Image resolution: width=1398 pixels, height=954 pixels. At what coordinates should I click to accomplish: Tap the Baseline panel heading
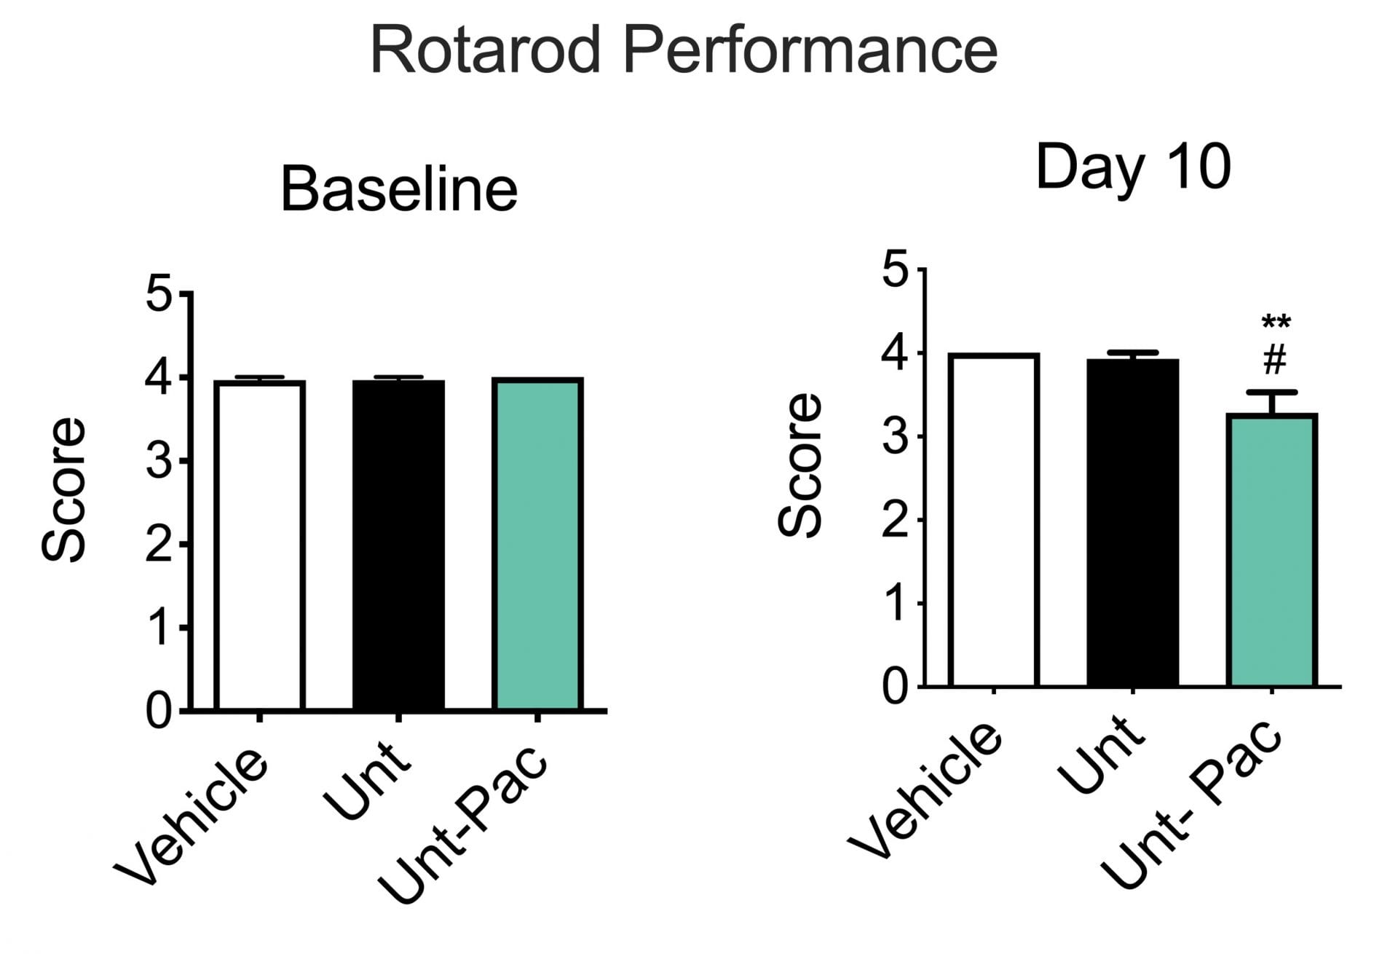tap(399, 189)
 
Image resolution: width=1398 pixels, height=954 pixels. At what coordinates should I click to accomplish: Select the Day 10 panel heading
tap(1133, 167)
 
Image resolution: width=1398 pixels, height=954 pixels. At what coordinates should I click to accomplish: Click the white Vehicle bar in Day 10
tap(994, 520)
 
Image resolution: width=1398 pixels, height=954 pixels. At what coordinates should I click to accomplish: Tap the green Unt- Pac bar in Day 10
tap(1272, 550)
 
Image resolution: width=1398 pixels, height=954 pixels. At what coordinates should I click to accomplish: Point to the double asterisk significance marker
tap(1276, 323)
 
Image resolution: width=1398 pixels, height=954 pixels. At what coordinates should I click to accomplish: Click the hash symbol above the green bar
tap(1274, 360)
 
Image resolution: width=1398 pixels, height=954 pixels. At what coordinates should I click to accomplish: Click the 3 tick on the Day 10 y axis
tap(895, 437)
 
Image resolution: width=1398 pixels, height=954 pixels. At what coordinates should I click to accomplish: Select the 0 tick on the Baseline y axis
tap(159, 711)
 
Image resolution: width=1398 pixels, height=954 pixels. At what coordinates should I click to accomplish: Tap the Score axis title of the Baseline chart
tap(64, 489)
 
